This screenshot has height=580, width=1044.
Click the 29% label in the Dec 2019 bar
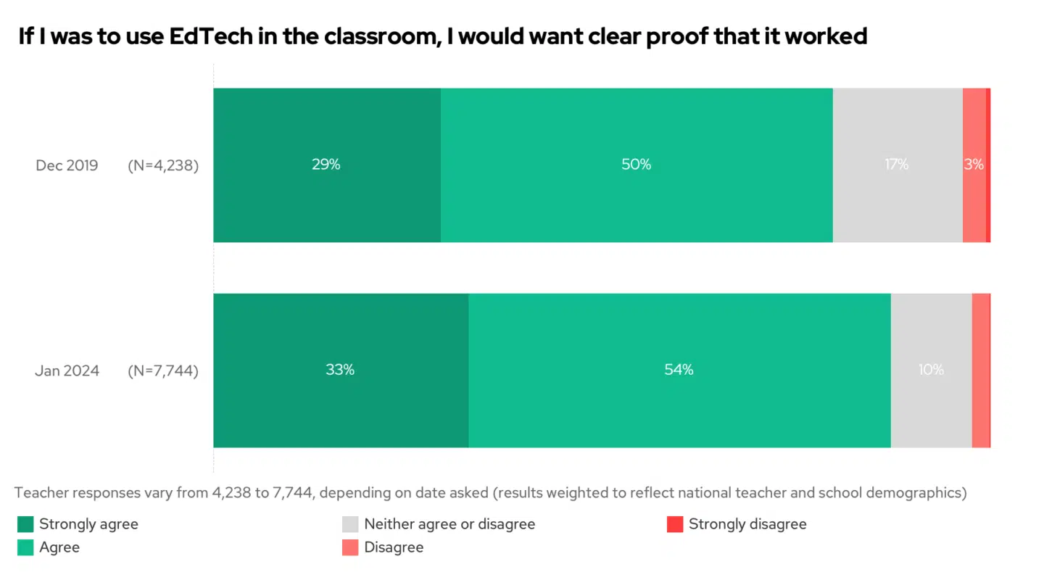coord(326,165)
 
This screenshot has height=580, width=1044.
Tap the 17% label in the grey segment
coord(896,165)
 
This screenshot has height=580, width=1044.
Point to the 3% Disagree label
coord(974,165)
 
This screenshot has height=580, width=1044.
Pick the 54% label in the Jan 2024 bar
coord(679,370)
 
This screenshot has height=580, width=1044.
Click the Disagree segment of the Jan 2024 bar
coord(980,370)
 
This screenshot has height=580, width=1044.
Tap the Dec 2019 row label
coord(67,165)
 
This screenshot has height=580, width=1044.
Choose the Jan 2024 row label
coord(67,371)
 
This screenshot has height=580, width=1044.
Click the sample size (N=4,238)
coord(163,165)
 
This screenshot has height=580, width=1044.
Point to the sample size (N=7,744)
coord(163,371)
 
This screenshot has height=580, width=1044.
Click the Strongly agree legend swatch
coord(25,524)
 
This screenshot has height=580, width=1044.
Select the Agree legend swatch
coord(25,547)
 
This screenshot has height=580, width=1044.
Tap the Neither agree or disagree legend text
coord(449,524)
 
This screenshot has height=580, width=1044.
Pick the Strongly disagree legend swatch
coord(675,524)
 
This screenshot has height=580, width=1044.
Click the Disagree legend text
coord(394,547)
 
